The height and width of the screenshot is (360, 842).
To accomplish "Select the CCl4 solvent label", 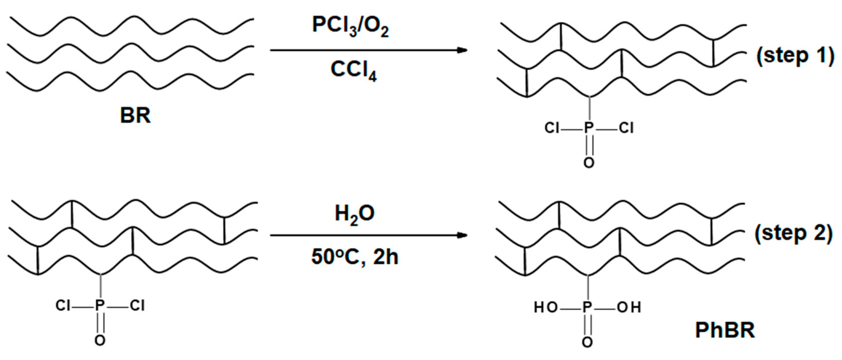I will (354, 71).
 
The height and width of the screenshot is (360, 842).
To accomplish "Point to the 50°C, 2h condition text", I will (355, 257).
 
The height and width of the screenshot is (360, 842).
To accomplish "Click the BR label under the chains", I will (135, 116).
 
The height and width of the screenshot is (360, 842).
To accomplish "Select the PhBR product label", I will (725, 331).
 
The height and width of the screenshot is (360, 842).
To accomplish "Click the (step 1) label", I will (795, 56).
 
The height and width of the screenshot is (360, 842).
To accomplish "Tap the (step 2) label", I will (794, 234).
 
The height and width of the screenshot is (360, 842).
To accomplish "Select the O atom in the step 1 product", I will (589, 163).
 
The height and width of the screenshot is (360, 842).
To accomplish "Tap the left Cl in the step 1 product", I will (552, 128).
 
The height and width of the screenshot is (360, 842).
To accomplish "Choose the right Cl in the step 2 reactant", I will (137, 306).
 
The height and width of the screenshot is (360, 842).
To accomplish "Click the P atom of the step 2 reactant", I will (100, 306).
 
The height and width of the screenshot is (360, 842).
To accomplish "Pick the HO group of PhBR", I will (546, 308).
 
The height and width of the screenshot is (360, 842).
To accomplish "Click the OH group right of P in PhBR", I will (629, 308).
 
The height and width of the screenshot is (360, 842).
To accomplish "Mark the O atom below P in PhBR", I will (587, 342).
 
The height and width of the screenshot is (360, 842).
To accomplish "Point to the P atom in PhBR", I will (587, 308).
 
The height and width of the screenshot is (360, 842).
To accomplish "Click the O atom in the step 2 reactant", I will (100, 341).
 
